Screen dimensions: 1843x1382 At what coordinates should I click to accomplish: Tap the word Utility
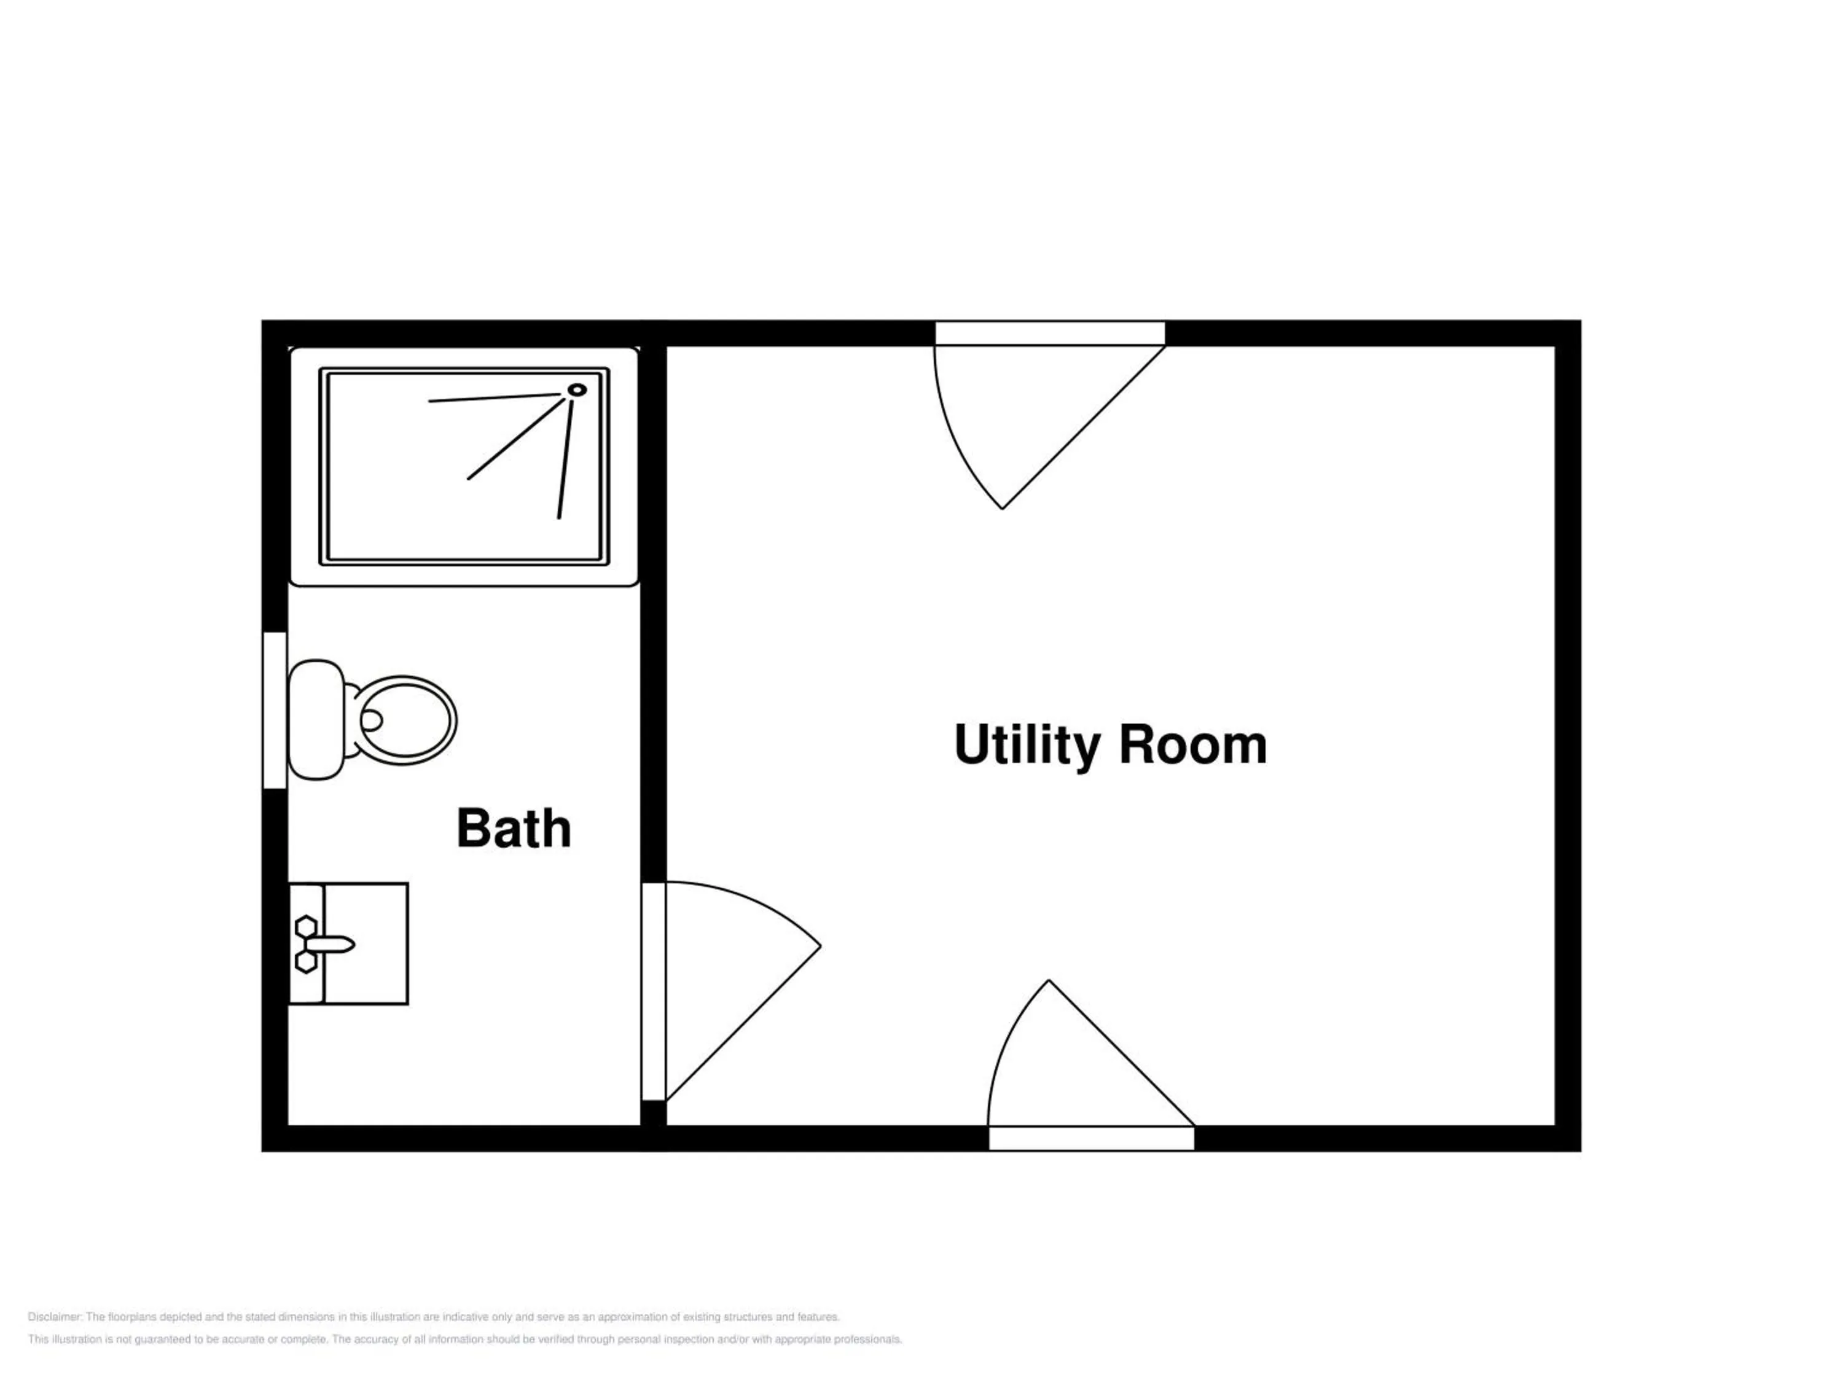[x=1027, y=746]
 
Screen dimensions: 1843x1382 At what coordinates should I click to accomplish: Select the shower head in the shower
[x=577, y=389]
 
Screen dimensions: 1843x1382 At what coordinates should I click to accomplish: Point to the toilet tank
[x=316, y=720]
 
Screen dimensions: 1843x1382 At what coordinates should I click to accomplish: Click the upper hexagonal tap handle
[x=306, y=926]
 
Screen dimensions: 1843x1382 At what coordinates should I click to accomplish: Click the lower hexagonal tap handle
[x=306, y=961]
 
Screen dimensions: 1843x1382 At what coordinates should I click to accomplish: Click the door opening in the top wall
[x=1050, y=333]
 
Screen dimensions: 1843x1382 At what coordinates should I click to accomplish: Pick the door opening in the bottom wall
[x=1092, y=1139]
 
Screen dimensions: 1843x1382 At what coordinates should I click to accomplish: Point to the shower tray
[x=464, y=466]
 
